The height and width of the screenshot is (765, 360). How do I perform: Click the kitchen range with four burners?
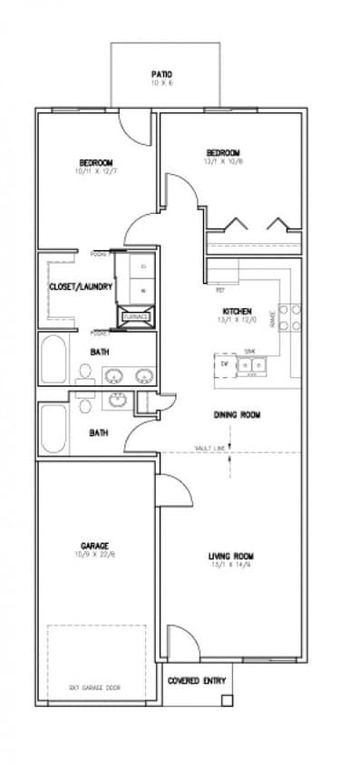[289, 316]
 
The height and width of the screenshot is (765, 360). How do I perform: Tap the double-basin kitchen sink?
[249, 364]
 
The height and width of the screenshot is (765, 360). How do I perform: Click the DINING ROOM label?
[237, 414]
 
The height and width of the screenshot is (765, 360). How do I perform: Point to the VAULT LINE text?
[209, 448]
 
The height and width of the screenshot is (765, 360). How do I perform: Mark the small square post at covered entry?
[227, 700]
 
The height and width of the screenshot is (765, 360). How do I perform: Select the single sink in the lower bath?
[118, 400]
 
